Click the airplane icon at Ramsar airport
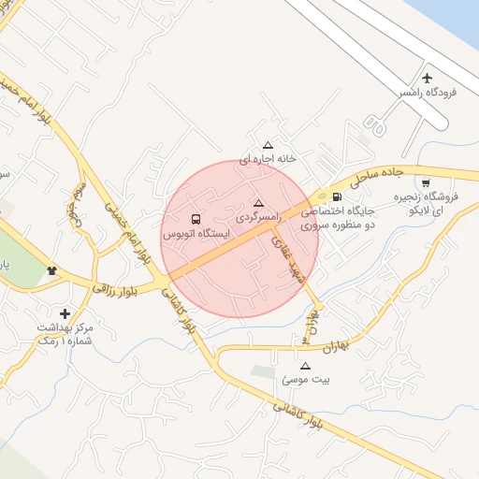click(429, 78)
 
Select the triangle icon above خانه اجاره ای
click(268, 145)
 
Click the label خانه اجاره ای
click(268, 159)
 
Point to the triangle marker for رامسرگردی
click(258, 203)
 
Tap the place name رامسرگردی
click(257, 217)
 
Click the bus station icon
click(196, 219)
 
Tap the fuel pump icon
click(337, 196)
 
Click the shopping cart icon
click(427, 183)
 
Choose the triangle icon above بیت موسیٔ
click(305, 366)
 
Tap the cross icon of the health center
click(65, 313)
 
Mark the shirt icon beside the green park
click(51, 271)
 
